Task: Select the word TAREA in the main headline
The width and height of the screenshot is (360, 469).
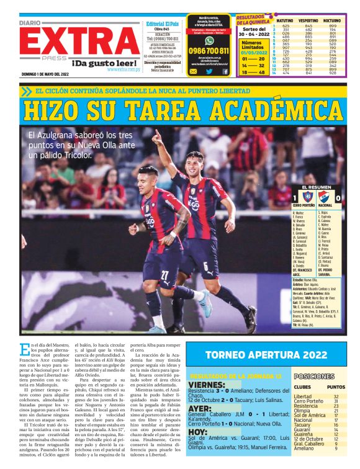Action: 160,112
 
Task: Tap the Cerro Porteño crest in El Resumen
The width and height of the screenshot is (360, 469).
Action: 303,197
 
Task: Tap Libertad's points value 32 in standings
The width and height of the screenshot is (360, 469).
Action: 336,396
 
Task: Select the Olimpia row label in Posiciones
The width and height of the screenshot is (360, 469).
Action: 302,410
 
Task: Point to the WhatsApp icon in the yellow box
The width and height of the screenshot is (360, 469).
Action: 193,71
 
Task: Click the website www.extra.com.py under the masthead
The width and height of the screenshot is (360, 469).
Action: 123,69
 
